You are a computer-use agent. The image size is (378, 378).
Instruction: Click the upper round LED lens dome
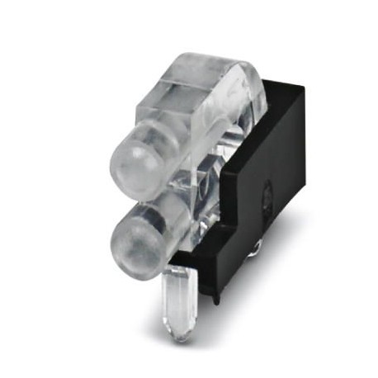130,160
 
